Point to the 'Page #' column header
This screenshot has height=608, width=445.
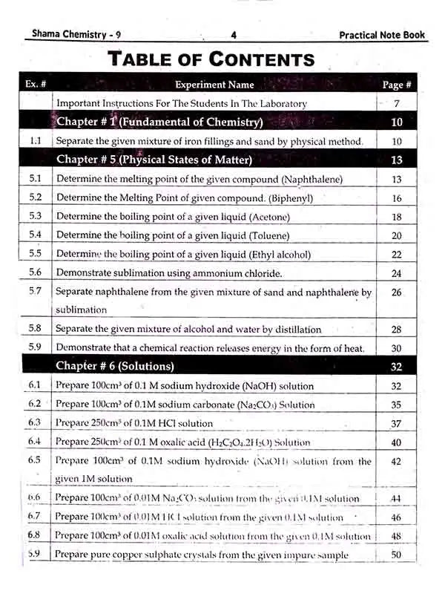click(x=397, y=85)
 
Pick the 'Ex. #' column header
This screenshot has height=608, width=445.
click(x=36, y=84)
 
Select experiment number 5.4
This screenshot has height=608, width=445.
click(x=35, y=235)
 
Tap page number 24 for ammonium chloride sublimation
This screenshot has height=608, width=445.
click(x=396, y=273)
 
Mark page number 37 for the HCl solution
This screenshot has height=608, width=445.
click(x=396, y=424)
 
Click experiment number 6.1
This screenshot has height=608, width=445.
click(x=35, y=385)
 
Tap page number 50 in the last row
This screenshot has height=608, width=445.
click(x=396, y=555)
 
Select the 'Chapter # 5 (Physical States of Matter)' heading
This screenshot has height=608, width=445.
click(x=154, y=159)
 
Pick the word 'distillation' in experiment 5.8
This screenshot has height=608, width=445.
click(x=294, y=329)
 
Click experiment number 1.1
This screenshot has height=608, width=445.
click(x=35, y=141)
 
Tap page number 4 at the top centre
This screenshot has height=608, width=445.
click(x=233, y=35)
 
